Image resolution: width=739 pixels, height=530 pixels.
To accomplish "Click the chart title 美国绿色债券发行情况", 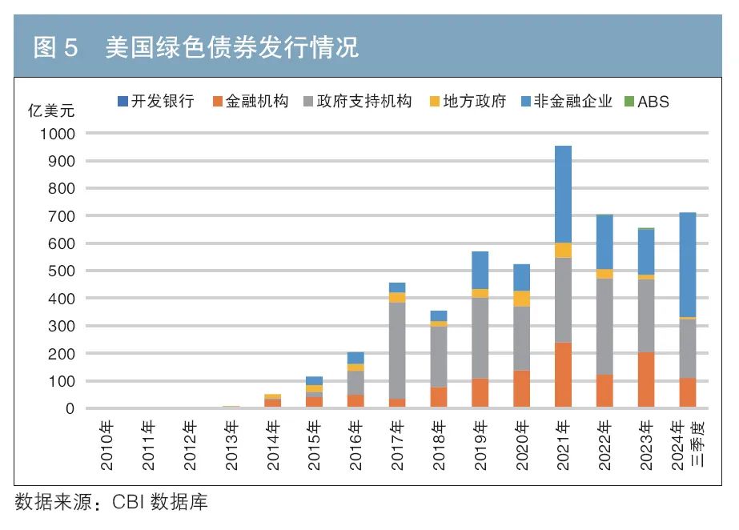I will coord(232,48).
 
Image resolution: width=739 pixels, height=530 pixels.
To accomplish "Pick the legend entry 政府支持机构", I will coord(357,102).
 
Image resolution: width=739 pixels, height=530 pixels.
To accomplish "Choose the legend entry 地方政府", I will coord(468,102).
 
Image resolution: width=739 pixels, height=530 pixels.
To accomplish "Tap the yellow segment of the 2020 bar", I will coord(521,299).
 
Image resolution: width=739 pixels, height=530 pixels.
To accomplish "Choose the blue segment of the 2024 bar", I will coord(687,264).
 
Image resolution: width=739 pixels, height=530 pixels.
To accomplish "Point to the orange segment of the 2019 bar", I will coord(480,392).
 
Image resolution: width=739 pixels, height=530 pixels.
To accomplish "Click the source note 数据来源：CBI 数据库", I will coord(111,502).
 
